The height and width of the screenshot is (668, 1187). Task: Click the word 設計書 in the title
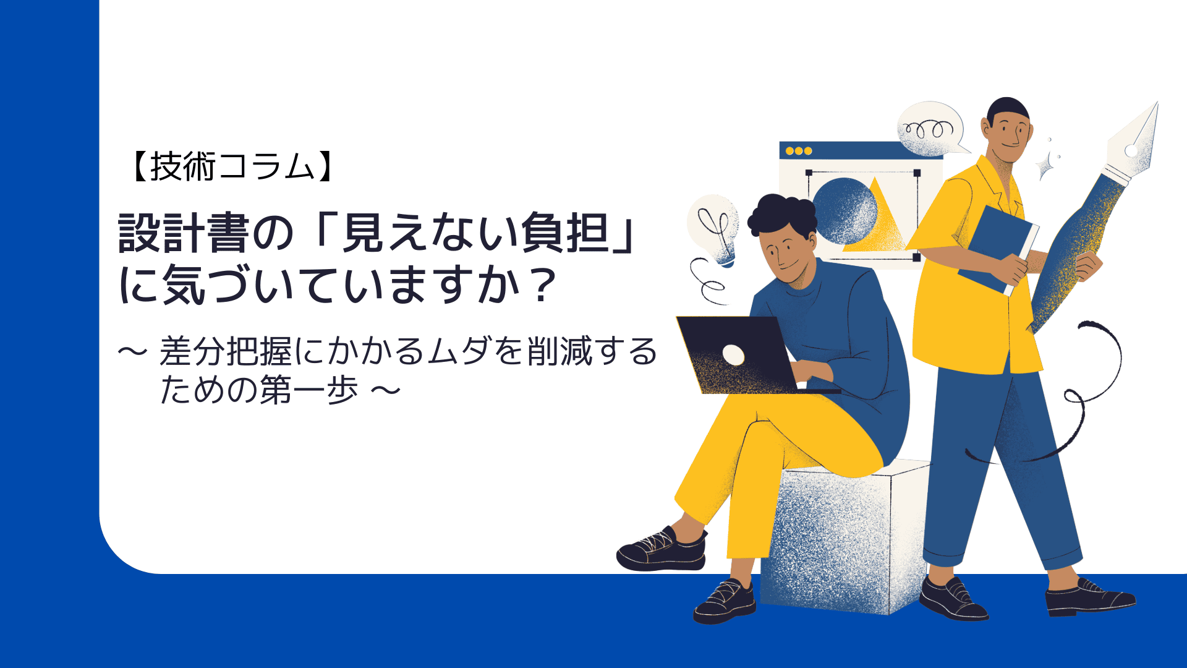[x=184, y=233]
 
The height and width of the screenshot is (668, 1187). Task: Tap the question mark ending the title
[x=543, y=285]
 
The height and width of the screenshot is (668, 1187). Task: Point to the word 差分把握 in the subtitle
[x=226, y=351]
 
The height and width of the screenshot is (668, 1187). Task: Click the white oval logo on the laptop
[x=734, y=354]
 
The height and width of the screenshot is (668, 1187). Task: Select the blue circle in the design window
[x=845, y=211]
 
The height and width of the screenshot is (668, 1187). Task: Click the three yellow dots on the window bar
[x=798, y=151]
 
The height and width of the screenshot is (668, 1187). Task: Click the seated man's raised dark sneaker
[x=662, y=549]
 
